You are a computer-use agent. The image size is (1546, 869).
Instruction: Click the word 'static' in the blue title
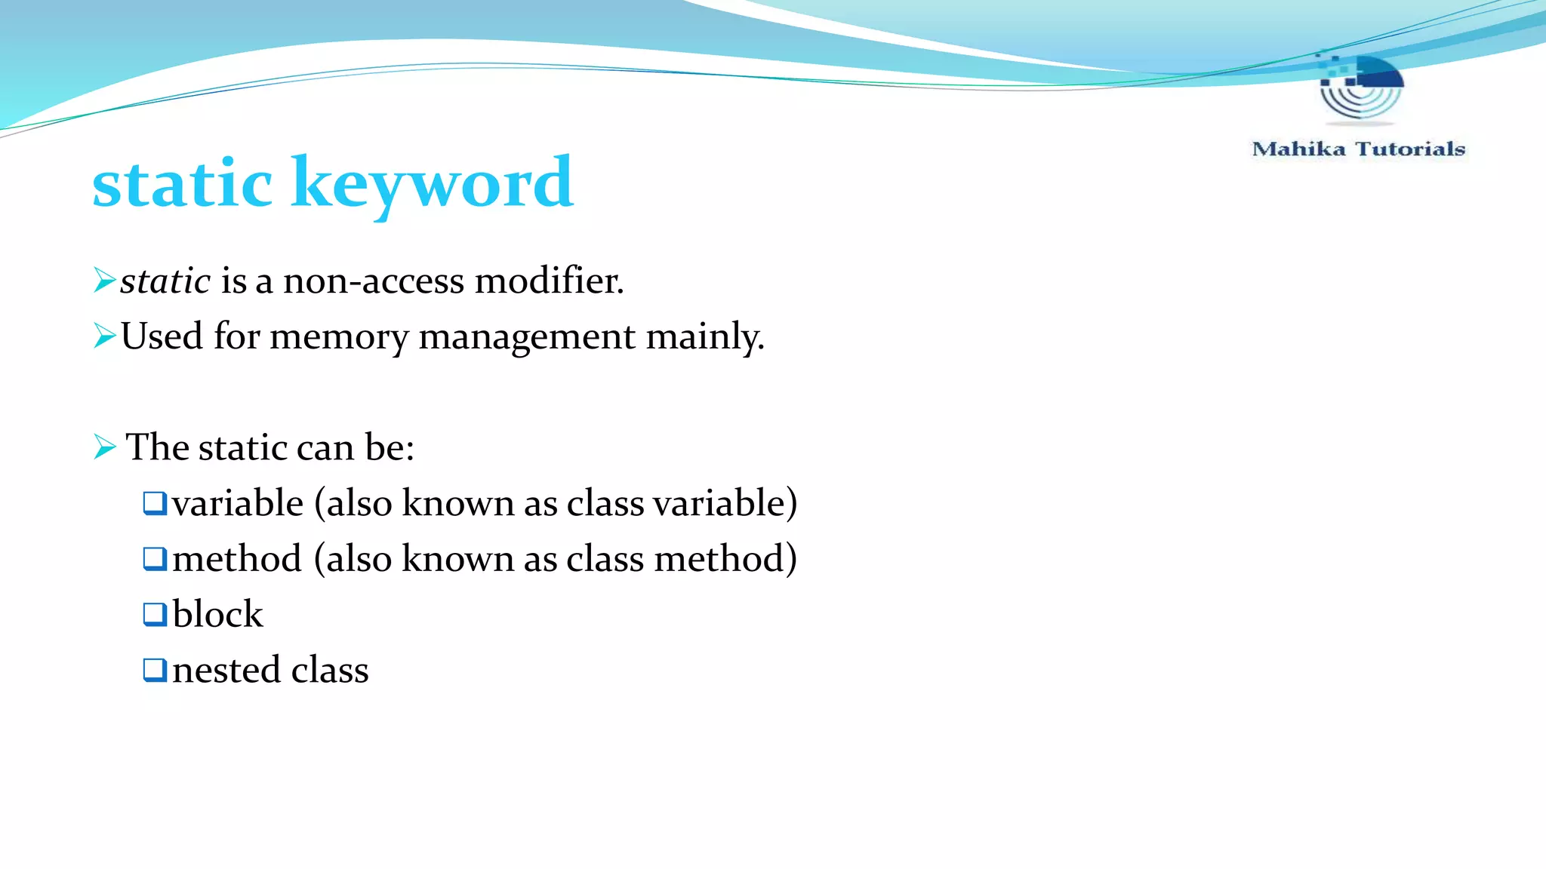182,183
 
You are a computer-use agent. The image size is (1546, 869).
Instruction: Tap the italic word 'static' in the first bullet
165,281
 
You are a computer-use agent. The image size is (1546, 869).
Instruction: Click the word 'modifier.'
549,281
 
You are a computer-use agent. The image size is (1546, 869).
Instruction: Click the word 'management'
526,336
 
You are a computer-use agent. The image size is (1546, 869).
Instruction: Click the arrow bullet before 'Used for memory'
104,335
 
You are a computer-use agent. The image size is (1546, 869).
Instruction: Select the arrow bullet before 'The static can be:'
104,447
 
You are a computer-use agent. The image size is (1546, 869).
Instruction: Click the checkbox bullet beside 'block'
155,613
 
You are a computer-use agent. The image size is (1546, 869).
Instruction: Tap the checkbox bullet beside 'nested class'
155,669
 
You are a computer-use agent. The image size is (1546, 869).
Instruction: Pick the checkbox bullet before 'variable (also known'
155,502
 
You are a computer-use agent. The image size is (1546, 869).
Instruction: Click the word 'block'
217,614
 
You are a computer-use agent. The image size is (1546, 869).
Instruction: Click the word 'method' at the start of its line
237,559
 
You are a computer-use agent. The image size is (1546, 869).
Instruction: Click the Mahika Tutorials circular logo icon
1361,87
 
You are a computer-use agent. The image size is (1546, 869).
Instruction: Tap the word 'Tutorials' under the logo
1410,149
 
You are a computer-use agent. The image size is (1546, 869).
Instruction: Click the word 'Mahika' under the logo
1298,149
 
